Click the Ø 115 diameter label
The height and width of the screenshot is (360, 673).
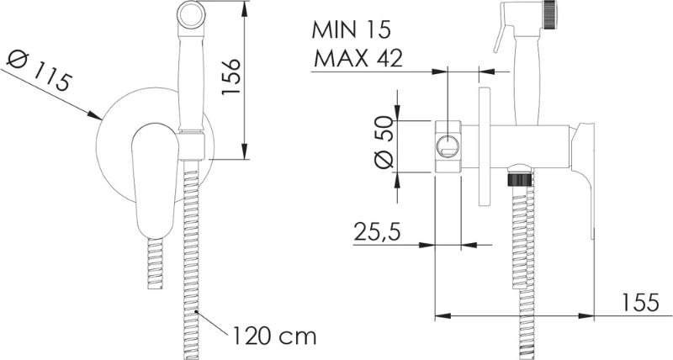click(38, 71)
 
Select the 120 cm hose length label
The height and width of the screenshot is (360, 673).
click(274, 336)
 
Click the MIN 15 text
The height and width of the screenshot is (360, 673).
click(351, 30)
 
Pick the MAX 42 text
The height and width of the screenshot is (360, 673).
click(358, 58)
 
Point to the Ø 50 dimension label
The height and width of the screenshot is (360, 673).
click(384, 142)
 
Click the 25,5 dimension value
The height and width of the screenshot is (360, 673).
click(377, 231)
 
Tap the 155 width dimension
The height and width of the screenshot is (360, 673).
click(639, 303)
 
